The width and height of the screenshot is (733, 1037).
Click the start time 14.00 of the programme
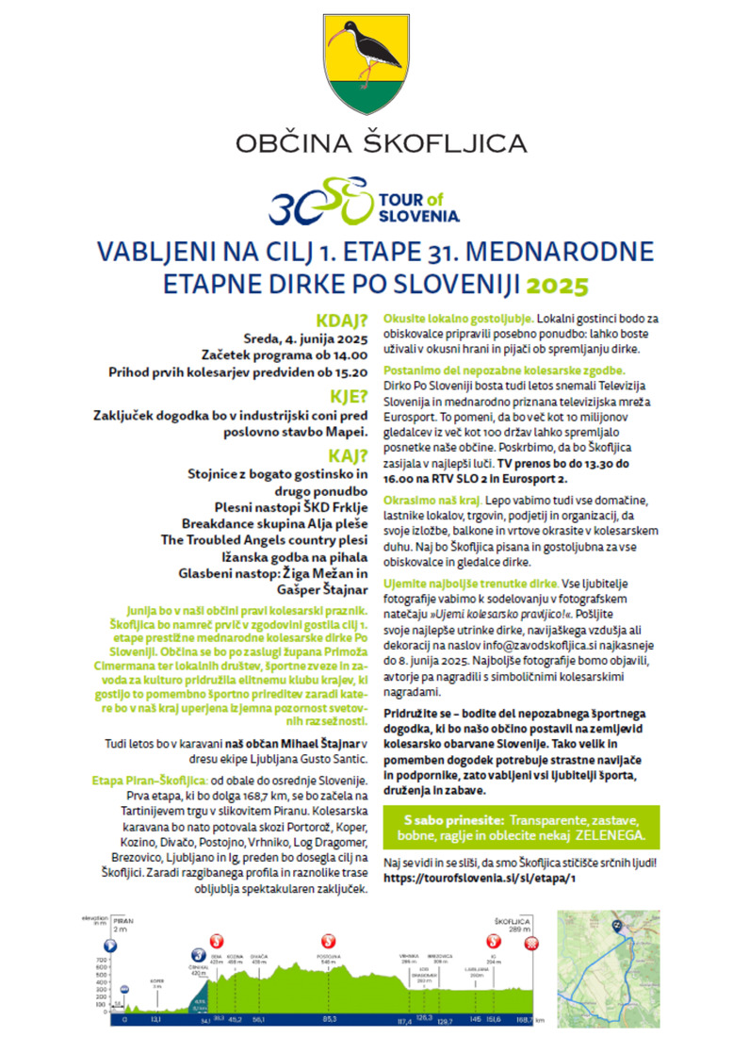click(x=346, y=355)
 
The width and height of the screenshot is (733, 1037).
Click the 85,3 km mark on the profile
click(x=329, y=1019)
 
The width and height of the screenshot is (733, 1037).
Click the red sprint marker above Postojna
click(x=329, y=939)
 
